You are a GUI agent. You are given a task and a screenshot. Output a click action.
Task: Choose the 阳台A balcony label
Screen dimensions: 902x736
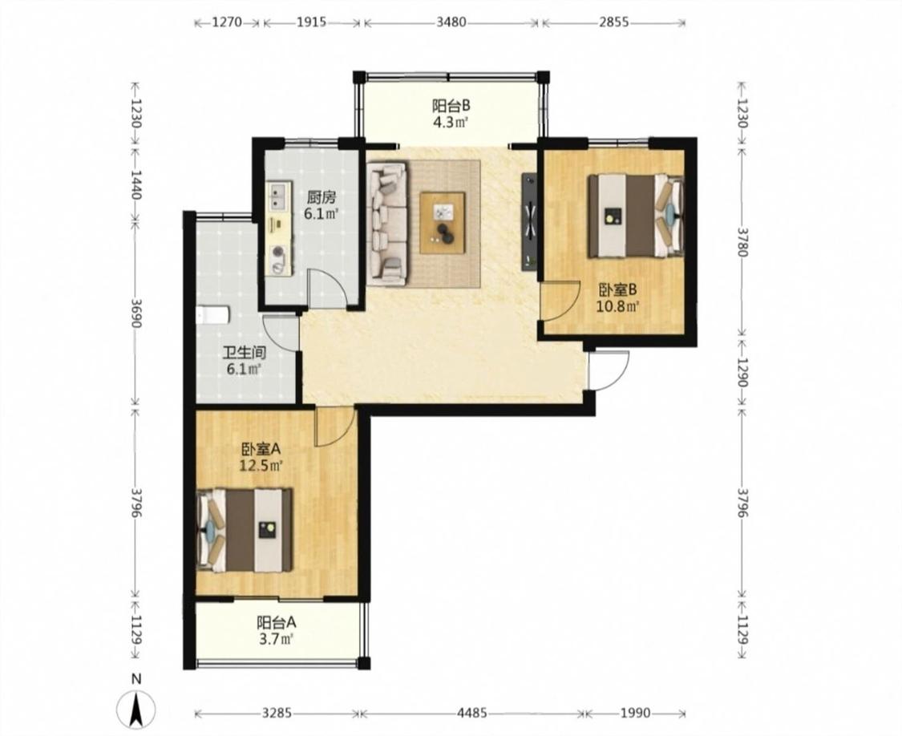[x=276, y=622]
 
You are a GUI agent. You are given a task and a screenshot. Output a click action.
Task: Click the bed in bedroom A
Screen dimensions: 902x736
[x=245, y=530]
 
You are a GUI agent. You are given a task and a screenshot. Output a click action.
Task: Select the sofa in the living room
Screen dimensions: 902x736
[x=387, y=223]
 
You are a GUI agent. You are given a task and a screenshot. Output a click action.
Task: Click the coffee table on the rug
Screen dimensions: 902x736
[x=442, y=223]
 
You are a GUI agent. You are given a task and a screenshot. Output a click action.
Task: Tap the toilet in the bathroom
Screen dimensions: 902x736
[x=212, y=315]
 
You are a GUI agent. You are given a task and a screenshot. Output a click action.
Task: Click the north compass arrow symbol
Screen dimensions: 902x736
[x=136, y=709]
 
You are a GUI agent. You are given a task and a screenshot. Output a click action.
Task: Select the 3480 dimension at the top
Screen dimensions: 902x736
[x=451, y=23]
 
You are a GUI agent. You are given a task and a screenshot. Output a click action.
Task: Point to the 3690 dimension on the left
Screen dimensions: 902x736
[x=136, y=313]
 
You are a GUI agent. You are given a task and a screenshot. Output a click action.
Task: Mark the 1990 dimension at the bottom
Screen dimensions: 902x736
[x=636, y=714]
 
